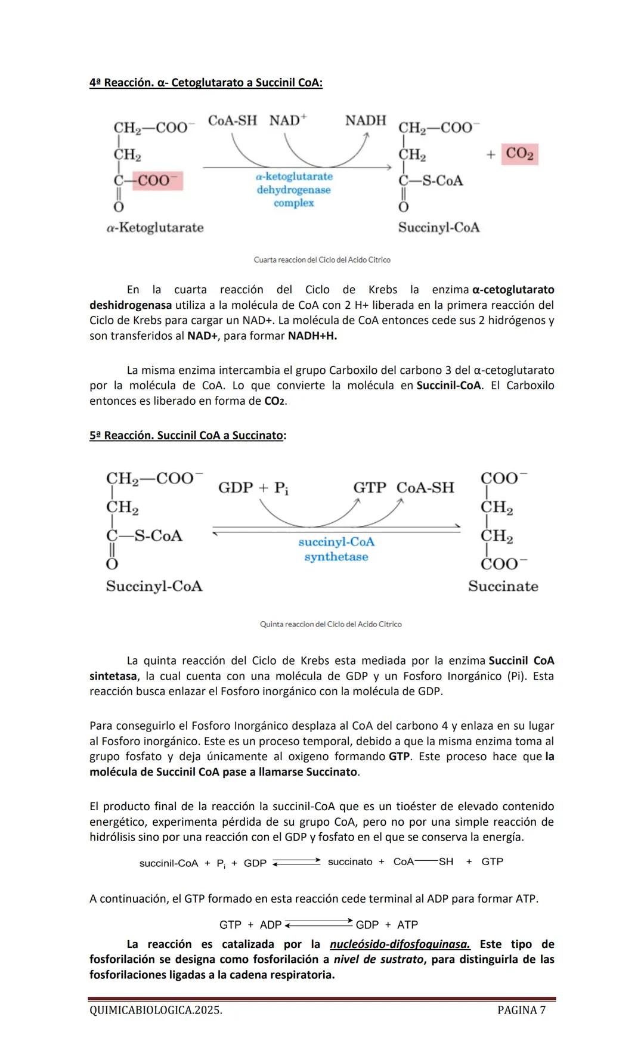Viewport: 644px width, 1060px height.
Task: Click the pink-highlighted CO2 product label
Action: (x=519, y=154)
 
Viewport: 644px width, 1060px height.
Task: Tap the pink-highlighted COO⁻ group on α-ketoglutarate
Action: (x=157, y=181)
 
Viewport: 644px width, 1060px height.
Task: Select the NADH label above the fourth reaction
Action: (x=366, y=120)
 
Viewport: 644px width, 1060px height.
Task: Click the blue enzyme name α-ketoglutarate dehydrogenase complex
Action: (x=294, y=190)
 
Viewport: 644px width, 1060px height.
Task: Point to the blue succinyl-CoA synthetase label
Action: (x=336, y=549)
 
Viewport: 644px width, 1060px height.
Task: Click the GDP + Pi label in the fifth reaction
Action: (x=253, y=488)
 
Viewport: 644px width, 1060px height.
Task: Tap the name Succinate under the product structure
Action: (x=503, y=586)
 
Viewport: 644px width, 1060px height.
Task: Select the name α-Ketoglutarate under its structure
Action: (x=155, y=227)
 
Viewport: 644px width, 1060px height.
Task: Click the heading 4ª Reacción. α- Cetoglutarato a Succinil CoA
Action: (x=206, y=82)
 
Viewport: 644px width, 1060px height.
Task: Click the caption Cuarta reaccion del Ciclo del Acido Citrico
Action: (x=322, y=260)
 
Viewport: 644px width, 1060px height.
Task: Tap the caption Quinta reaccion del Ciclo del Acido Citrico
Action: (x=330, y=624)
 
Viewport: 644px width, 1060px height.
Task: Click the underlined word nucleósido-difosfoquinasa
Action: (x=400, y=944)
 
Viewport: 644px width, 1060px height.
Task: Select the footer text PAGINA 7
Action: (x=521, y=1010)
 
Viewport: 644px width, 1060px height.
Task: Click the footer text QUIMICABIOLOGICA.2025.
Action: (x=156, y=1010)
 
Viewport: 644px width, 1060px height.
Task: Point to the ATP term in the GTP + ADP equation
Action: (x=407, y=925)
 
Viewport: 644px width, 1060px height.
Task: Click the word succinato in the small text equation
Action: (x=350, y=862)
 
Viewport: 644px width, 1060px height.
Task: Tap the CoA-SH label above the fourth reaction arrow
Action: (x=233, y=120)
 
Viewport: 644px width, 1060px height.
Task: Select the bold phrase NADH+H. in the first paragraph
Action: (x=312, y=336)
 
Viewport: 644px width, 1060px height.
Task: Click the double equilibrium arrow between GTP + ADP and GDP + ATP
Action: (x=318, y=924)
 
